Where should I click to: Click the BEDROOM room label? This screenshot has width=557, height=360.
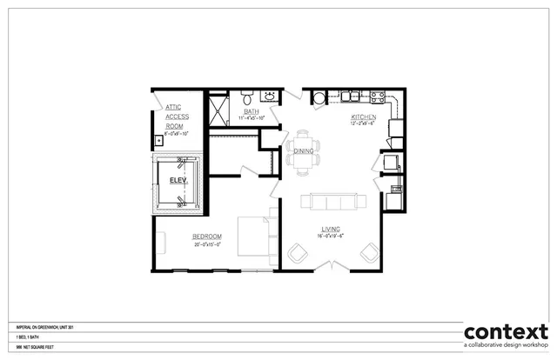pyautogui.click(x=207, y=237)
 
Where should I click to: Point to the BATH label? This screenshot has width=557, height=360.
pyautogui.click(x=252, y=111)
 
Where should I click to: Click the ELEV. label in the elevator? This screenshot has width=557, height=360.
pyautogui.click(x=178, y=180)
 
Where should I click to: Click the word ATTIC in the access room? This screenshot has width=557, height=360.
pyautogui.click(x=174, y=107)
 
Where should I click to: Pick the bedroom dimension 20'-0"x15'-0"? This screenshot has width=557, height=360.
pyautogui.click(x=207, y=244)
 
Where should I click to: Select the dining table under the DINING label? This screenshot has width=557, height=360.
pyautogui.click(x=303, y=149)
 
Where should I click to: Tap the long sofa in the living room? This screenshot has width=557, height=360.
pyautogui.click(x=329, y=203)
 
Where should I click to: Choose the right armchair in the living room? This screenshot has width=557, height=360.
pyautogui.click(x=368, y=253)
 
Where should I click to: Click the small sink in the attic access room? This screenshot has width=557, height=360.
pyautogui.click(x=159, y=139)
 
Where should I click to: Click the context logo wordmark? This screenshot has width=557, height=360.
pyautogui.click(x=506, y=332)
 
